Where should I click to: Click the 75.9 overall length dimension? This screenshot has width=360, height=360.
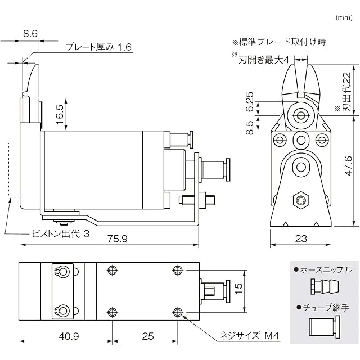pyautogui.click(x=117, y=238)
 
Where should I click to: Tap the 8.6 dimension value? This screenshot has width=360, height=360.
pyautogui.click(x=30, y=34)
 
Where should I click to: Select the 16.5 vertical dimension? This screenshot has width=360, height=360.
pyautogui.click(x=60, y=114)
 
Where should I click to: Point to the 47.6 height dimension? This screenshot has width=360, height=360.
pyautogui.click(x=349, y=166)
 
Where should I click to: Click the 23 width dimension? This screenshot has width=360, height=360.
pyautogui.click(x=301, y=238)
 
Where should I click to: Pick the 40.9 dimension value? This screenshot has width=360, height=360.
pyautogui.click(x=69, y=336)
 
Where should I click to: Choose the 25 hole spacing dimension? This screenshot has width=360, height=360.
pyautogui.click(x=147, y=336)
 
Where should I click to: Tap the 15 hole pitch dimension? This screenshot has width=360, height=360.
pyautogui.click(x=238, y=288)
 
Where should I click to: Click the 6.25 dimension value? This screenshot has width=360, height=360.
pyautogui.click(x=250, y=101)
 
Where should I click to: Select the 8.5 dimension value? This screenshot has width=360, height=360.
pyautogui.click(x=250, y=128)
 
